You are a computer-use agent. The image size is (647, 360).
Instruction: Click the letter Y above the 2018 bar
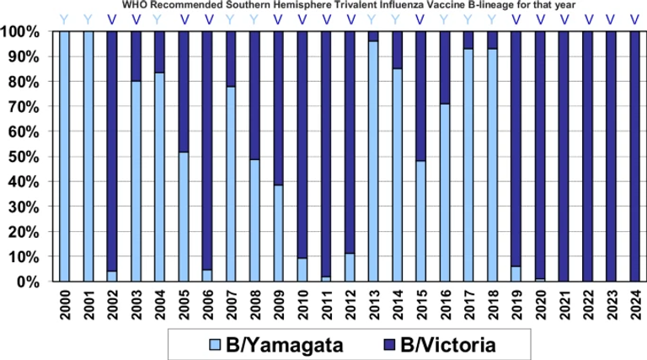click(x=492, y=18)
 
